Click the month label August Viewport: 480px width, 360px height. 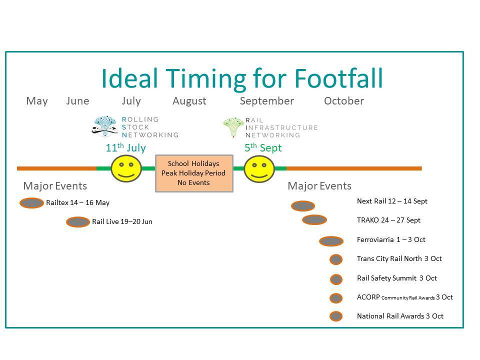point(189,101)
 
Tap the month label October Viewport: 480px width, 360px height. point(344,101)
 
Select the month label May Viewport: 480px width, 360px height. point(37,101)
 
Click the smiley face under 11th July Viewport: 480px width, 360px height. point(126,168)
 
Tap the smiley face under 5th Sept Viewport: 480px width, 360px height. point(259,168)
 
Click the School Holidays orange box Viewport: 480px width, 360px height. point(194,173)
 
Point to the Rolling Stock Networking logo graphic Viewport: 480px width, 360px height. point(104,126)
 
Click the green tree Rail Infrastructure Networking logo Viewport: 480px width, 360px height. point(233,127)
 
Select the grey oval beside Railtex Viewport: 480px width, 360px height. point(31,203)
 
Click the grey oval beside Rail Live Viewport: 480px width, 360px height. point(78,222)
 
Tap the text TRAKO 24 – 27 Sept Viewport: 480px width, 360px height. point(388,220)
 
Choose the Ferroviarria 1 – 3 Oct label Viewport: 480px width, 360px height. point(391,239)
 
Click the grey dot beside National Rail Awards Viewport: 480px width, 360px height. point(336,316)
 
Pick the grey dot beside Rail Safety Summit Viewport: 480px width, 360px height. point(336,279)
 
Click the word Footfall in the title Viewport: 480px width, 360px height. point(338,78)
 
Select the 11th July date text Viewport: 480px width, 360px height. point(125,147)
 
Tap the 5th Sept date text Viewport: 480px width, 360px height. point(263,147)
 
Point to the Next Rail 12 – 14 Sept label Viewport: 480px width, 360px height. point(392,201)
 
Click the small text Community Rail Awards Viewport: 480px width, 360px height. point(408,298)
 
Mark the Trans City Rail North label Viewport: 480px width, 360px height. point(389,258)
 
